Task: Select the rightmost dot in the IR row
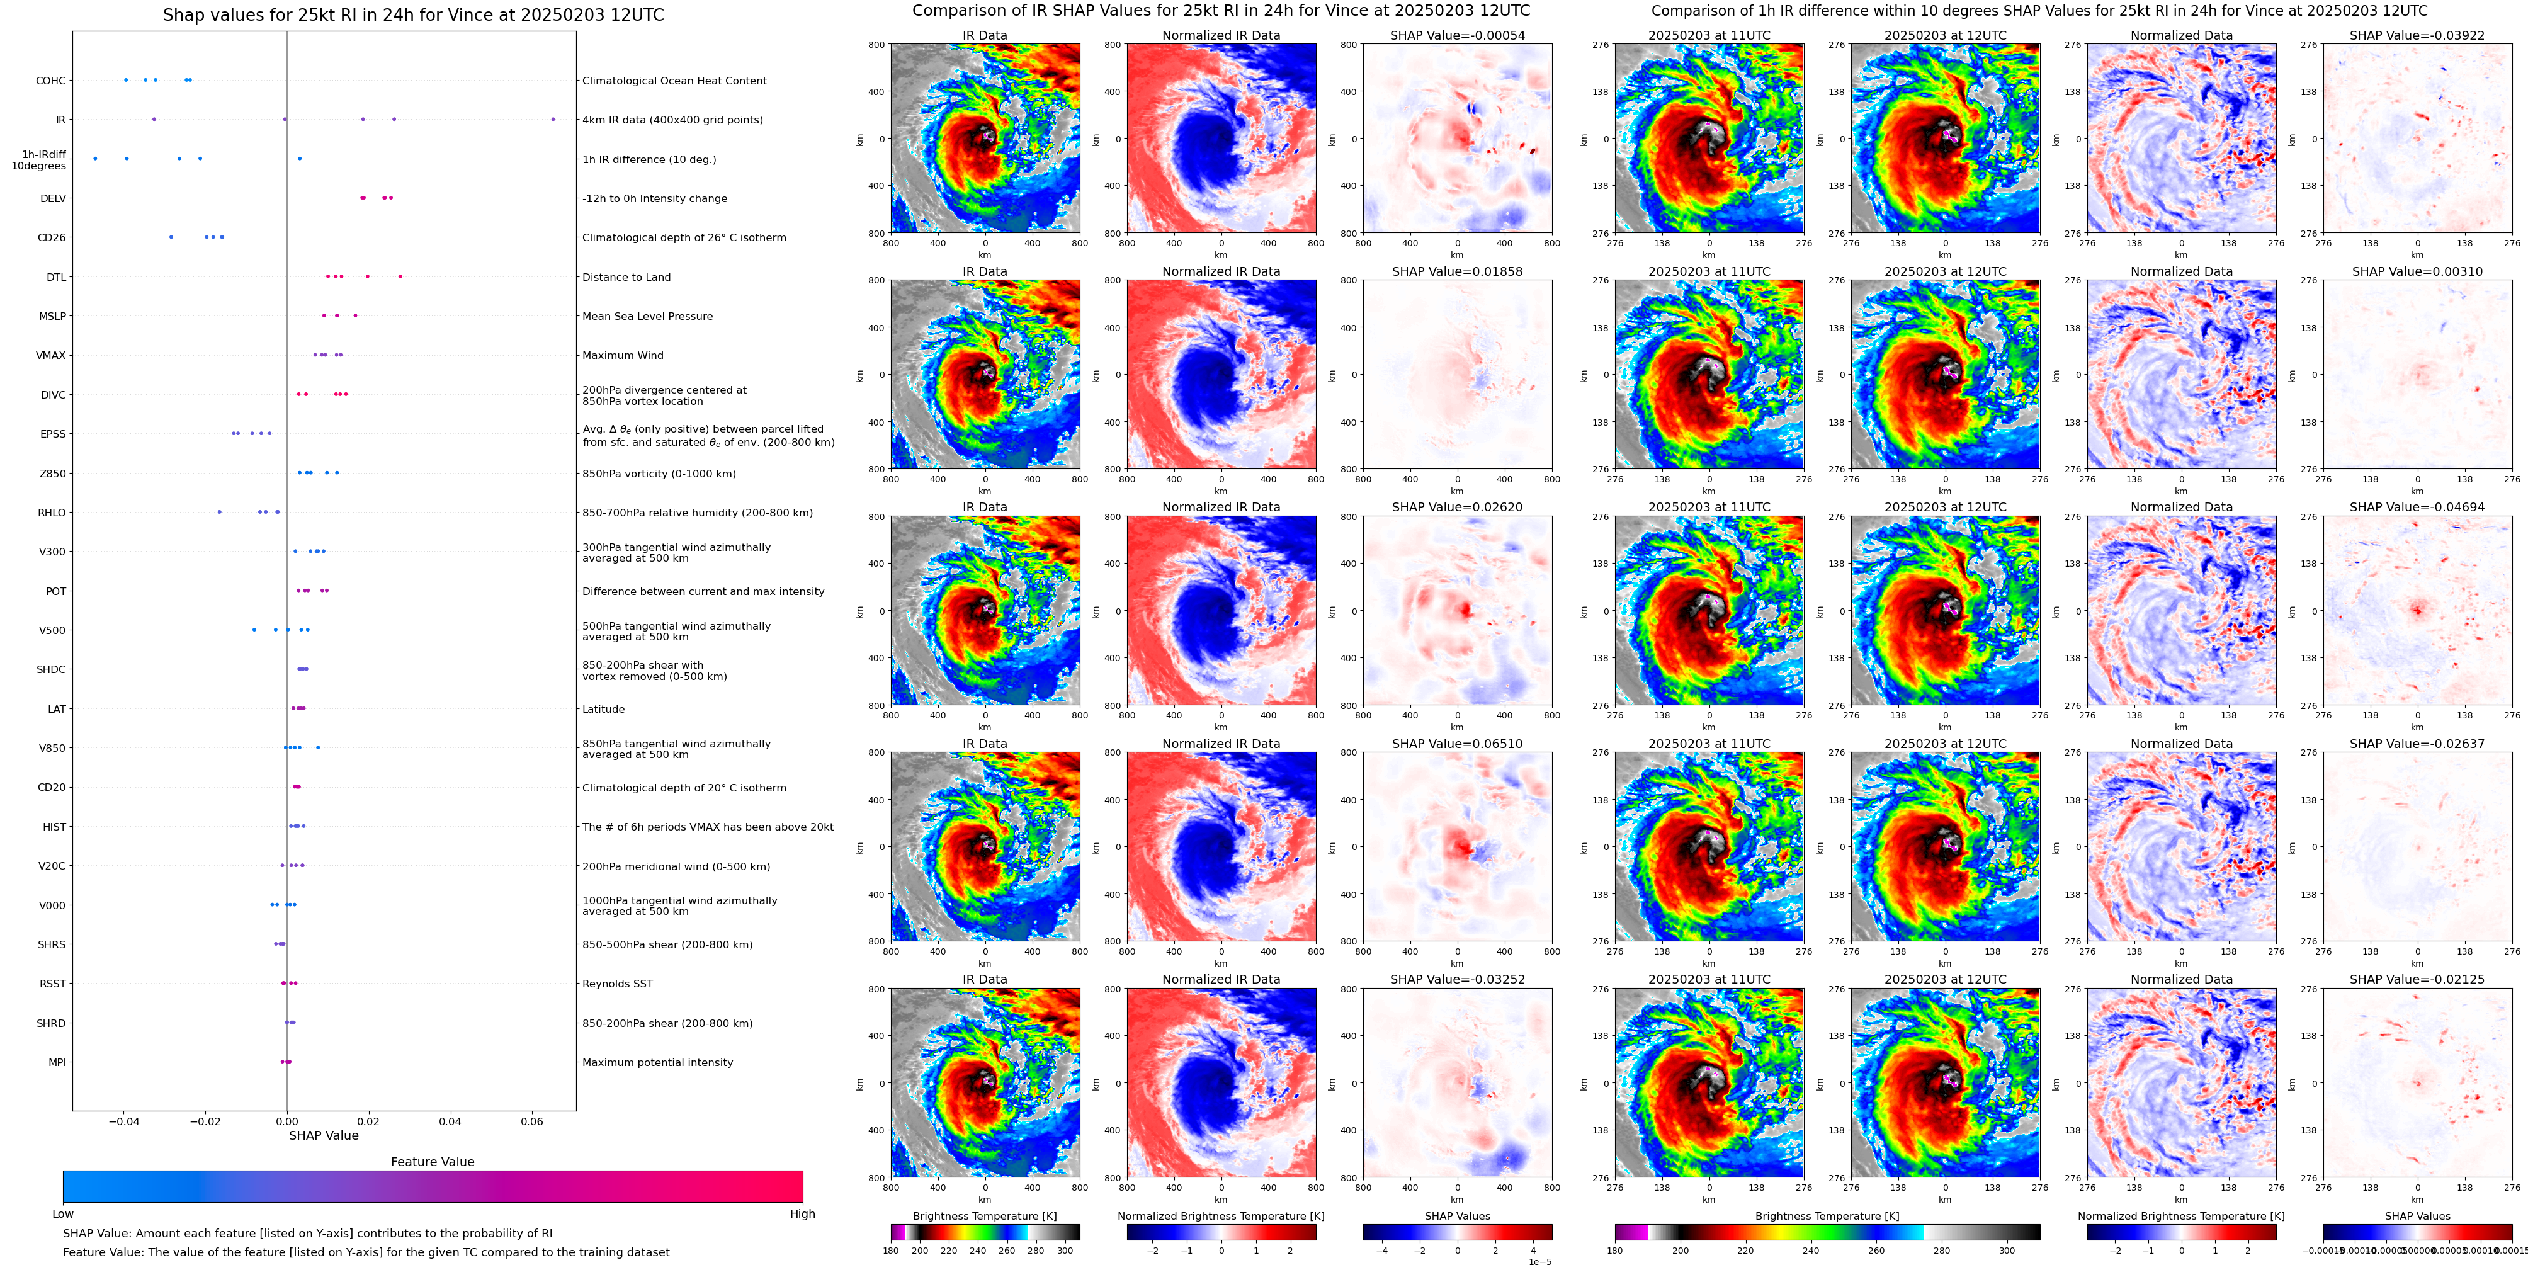click(x=553, y=119)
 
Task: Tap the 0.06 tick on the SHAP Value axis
click(x=531, y=1121)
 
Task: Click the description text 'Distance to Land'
click(x=626, y=277)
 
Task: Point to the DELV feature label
click(x=53, y=198)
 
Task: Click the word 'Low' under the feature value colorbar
click(x=63, y=1214)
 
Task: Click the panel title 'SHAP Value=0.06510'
click(x=1456, y=744)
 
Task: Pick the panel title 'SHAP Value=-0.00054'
click(x=1456, y=35)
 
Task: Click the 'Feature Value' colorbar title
click(x=432, y=1162)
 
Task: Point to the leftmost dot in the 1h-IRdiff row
click(x=95, y=158)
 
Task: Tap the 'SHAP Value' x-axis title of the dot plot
click(x=323, y=1135)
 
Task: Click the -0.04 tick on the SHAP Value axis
click(x=123, y=1121)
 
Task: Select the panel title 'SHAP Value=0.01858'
click(x=1456, y=272)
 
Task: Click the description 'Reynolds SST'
click(x=616, y=984)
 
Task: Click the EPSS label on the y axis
click(x=52, y=434)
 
